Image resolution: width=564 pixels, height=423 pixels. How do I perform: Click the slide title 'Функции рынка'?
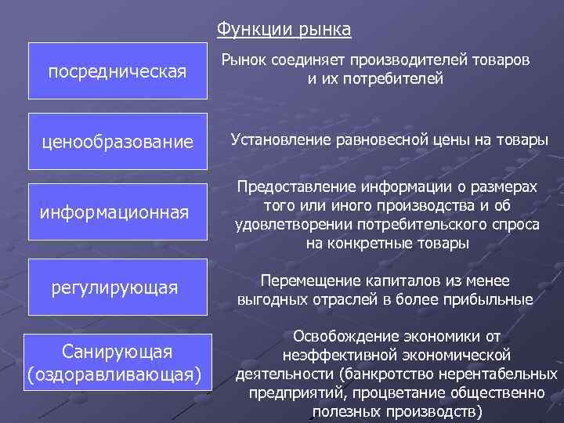point(284,29)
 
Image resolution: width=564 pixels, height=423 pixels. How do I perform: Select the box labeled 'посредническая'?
point(117,71)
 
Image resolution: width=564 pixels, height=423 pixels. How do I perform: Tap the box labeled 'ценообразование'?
point(117,142)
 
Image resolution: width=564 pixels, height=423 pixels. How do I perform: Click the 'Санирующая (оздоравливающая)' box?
point(117,361)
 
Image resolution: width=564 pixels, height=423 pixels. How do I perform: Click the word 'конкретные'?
point(365,244)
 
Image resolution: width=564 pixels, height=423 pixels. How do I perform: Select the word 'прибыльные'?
point(491,299)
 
